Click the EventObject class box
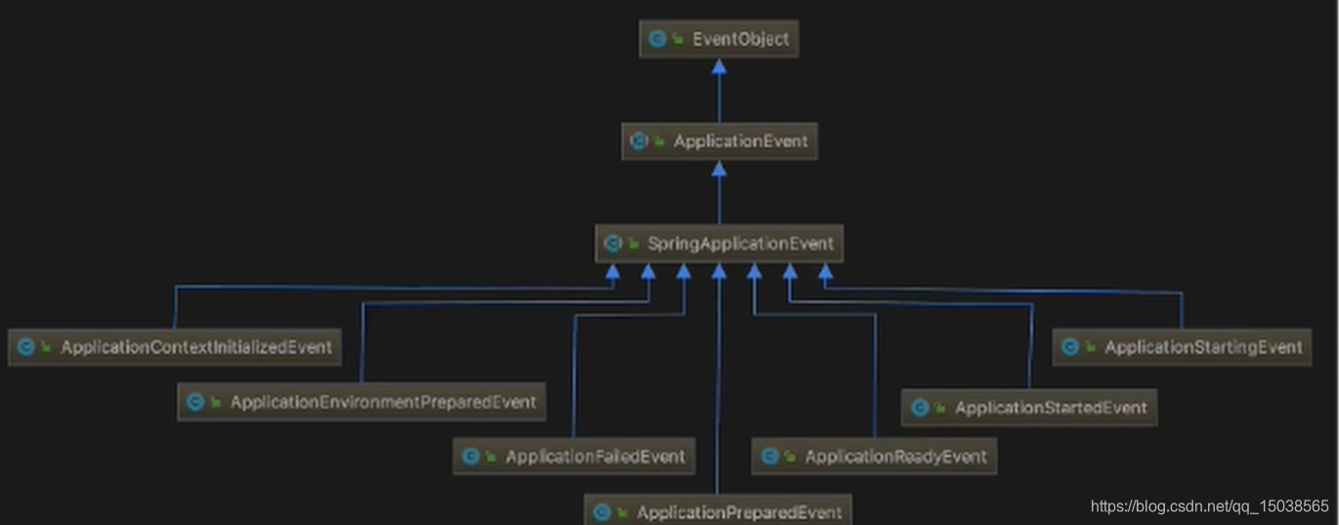click(718, 39)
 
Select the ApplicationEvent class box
click(718, 141)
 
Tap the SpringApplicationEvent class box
click(718, 243)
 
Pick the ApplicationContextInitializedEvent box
click(175, 347)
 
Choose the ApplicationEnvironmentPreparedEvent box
click(362, 402)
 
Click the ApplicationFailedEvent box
click(574, 457)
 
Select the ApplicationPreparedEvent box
click(717, 511)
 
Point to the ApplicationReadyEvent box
click(875, 457)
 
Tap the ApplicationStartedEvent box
click(1028, 408)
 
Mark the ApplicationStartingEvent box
click(1182, 347)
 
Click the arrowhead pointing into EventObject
click(718, 66)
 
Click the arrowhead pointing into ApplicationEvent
click(718, 169)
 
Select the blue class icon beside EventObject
click(657, 39)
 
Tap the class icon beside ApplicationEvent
click(638, 141)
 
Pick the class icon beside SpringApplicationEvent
click(613, 243)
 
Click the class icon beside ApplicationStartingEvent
click(1070, 347)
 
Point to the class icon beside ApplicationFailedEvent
click(470, 457)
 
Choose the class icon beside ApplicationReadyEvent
click(769, 457)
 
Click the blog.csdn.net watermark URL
click(1209, 506)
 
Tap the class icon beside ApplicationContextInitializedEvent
click(26, 347)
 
